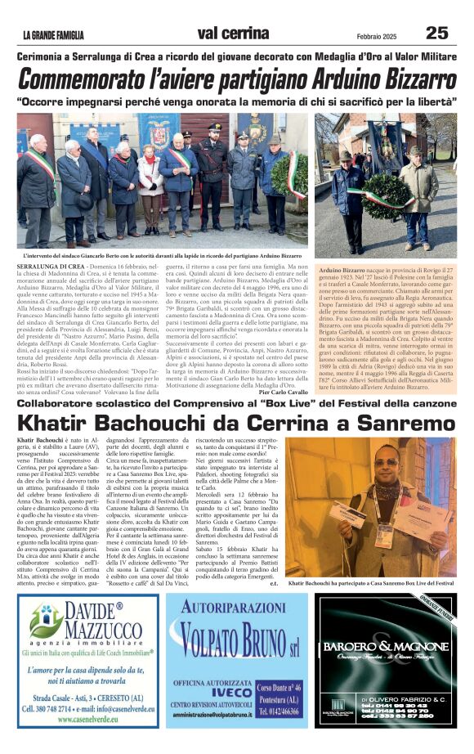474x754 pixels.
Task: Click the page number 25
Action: [x=436, y=32]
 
